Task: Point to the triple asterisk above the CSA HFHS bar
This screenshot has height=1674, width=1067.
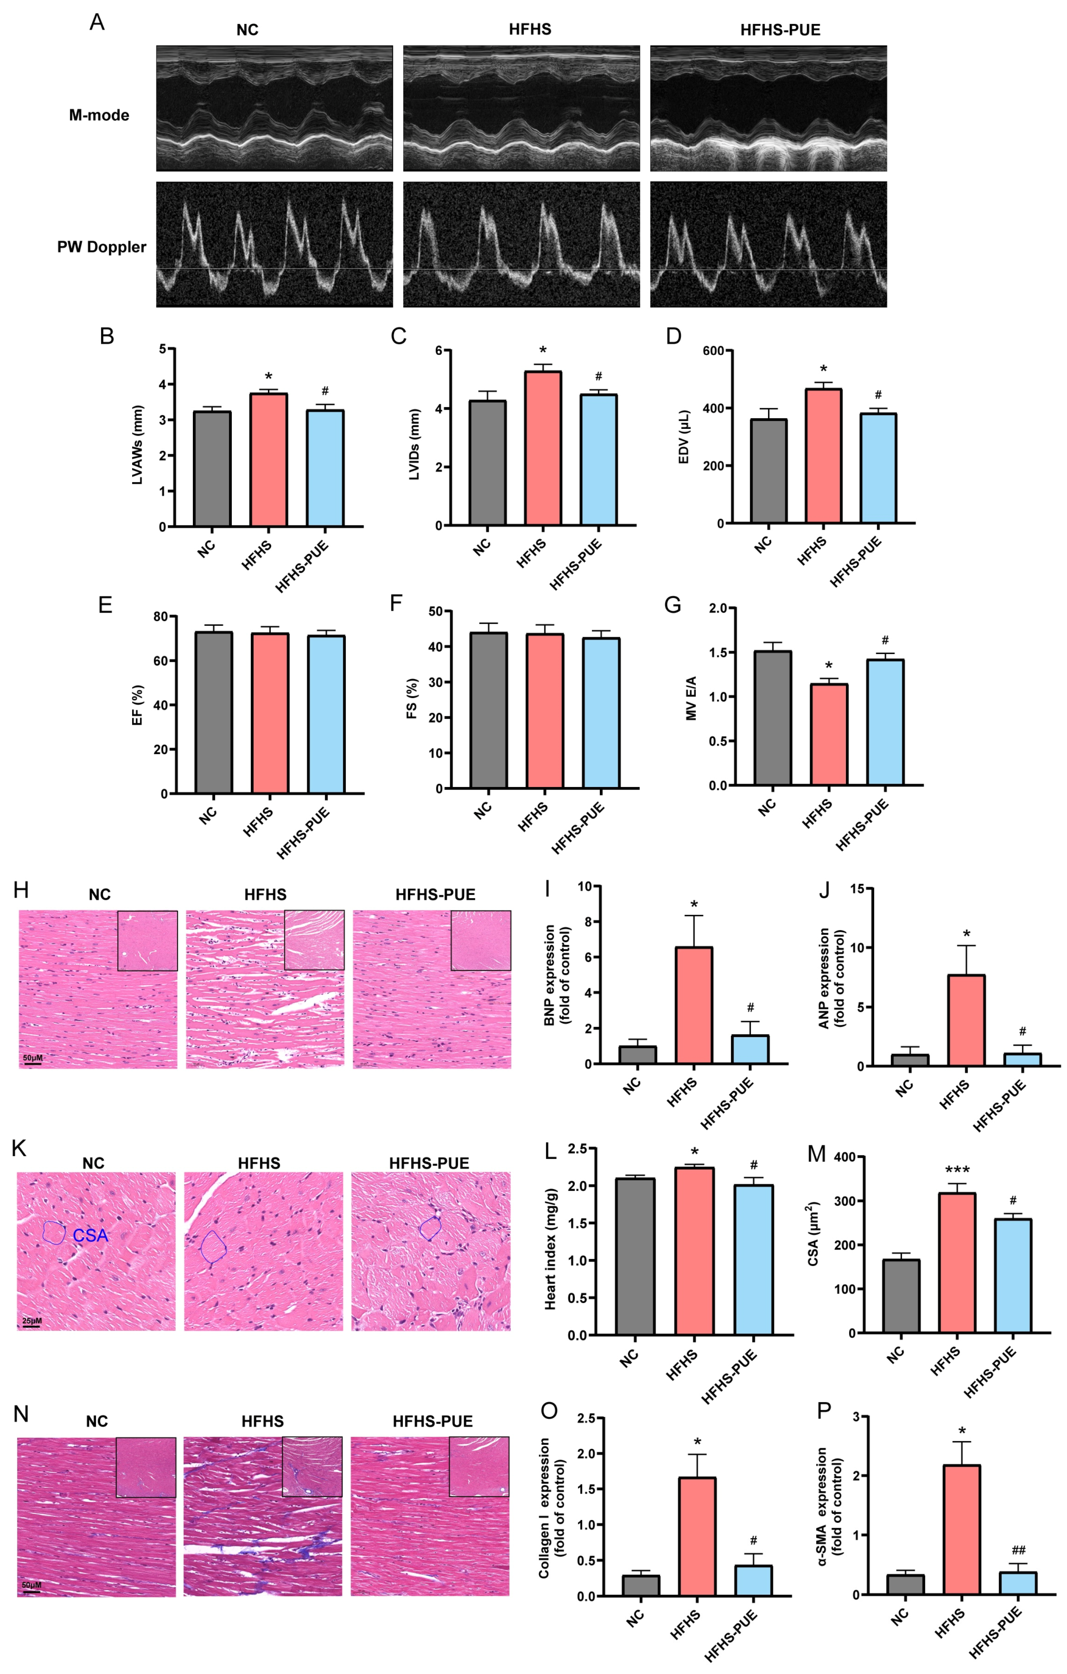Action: click(957, 1171)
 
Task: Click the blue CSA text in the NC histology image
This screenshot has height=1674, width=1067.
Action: click(91, 1235)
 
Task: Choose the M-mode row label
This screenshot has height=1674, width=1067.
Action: click(99, 116)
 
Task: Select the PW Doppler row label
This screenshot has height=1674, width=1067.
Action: click(102, 247)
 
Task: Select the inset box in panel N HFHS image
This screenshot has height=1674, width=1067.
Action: click(312, 1467)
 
